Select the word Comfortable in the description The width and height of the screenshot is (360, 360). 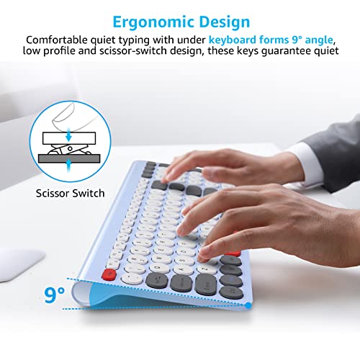(57, 40)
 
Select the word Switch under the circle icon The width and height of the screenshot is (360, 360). (89, 193)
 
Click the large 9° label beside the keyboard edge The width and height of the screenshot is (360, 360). (54, 294)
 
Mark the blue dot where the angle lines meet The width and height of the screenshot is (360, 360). (248, 305)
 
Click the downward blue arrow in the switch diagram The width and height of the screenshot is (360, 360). (69, 135)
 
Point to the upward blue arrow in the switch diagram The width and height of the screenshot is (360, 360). (69, 165)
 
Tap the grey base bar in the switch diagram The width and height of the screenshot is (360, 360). (69, 158)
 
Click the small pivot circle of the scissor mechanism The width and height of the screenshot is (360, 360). (70, 149)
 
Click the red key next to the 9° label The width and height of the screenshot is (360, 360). (109, 274)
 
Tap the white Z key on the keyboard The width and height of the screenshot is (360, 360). (206, 269)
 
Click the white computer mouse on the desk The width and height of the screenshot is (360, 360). (20, 263)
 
